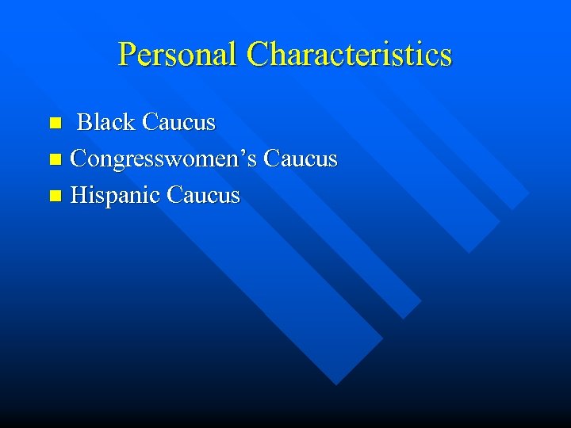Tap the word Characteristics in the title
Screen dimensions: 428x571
[x=349, y=55]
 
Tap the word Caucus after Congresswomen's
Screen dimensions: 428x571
[x=301, y=159]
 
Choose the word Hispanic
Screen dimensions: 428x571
[x=116, y=196]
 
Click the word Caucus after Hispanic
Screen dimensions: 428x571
[x=204, y=196]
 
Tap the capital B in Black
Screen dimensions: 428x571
[x=86, y=123]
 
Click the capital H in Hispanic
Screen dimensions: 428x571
[x=79, y=196]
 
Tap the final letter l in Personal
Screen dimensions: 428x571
[x=233, y=55]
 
